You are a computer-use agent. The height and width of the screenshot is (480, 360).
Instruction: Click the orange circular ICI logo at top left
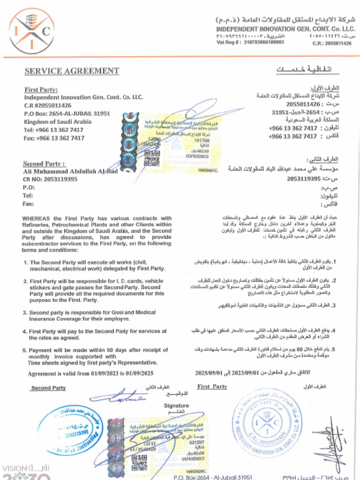(32, 31)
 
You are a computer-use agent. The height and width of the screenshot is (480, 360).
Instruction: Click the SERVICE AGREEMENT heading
(72, 71)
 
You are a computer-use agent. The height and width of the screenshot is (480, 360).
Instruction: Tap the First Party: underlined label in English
(41, 90)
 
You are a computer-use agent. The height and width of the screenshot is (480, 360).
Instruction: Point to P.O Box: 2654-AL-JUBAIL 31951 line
(67, 113)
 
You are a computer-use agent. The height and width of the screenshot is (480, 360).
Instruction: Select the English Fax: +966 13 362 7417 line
(54, 138)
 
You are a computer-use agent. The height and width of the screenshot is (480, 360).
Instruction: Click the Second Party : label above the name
(44, 164)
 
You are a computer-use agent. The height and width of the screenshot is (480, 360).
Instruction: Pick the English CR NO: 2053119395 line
(50, 179)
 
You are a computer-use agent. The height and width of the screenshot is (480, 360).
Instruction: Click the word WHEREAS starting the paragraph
(36, 218)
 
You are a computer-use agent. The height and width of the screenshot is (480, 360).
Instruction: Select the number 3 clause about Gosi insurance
(92, 315)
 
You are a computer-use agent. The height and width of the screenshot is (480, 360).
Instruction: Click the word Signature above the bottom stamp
(176, 405)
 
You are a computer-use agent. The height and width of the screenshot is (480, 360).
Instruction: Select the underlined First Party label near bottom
(212, 387)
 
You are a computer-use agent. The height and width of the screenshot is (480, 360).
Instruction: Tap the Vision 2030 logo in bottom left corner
(26, 471)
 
